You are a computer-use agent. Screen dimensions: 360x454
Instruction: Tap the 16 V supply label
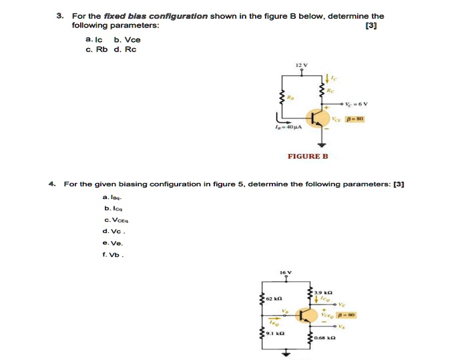point(286,273)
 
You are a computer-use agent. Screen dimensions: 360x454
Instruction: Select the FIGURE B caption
point(308,156)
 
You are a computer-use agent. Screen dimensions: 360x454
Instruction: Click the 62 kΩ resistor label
point(274,299)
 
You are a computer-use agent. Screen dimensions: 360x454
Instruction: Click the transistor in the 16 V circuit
point(307,315)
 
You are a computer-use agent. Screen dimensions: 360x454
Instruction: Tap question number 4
point(51,183)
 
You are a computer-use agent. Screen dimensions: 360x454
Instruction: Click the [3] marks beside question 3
point(371,25)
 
